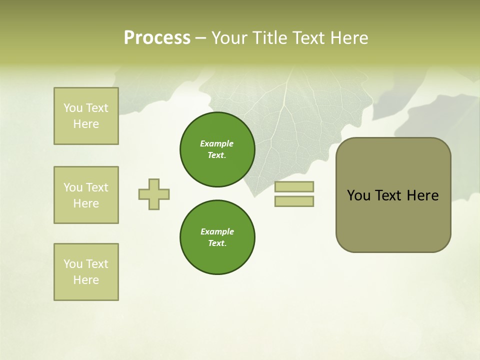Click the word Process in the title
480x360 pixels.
157,38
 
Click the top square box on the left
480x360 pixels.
86,116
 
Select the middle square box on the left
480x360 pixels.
86,195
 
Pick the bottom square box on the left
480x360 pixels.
86,272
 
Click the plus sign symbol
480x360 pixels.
154,194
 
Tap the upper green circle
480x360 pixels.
217,149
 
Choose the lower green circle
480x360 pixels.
217,237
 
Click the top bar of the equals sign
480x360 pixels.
294,187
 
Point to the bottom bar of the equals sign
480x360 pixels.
294,201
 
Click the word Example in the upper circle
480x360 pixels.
217,143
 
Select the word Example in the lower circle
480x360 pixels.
217,231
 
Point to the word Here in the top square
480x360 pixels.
86,124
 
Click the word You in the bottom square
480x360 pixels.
73,264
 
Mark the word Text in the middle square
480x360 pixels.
96,187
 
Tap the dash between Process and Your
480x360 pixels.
200,38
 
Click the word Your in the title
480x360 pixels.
230,38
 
